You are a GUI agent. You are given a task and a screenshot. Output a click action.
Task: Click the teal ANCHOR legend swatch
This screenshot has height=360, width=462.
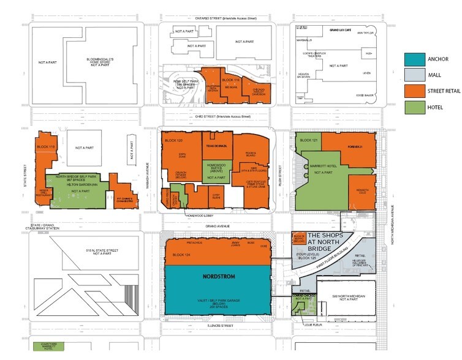click(414, 59)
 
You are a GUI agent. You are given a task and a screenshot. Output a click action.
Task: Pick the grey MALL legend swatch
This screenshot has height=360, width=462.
click(414, 76)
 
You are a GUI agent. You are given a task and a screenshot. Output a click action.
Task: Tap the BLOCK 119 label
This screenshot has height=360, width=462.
click(47, 148)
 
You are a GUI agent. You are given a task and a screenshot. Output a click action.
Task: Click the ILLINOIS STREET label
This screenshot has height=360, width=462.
click(221, 326)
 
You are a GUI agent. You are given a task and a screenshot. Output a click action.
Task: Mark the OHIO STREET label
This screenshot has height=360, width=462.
click(221, 116)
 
